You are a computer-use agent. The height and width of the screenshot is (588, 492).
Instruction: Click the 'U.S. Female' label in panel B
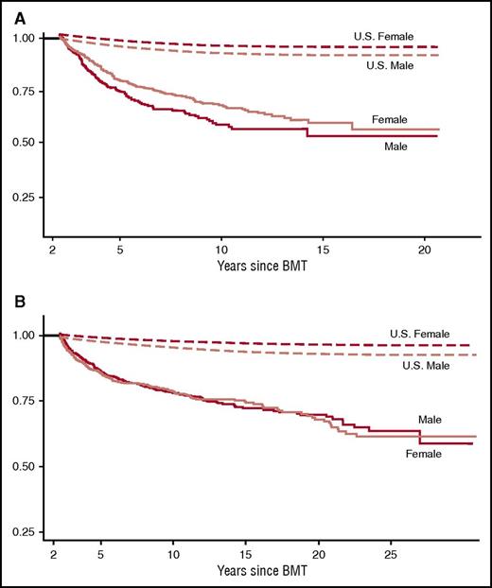418,334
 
